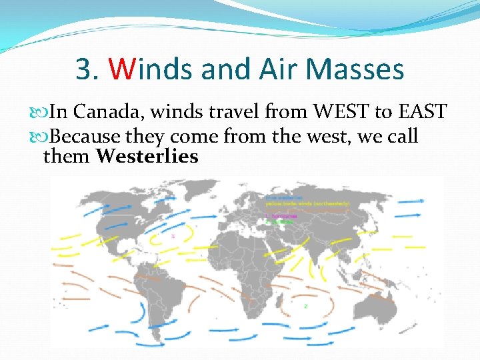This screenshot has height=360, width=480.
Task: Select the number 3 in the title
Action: (x=83, y=69)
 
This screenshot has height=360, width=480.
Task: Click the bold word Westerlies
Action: (x=147, y=157)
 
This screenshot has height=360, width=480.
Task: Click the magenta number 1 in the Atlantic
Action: (x=173, y=236)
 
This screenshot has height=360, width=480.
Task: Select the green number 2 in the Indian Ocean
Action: (x=305, y=306)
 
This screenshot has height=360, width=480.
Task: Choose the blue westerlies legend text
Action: (x=281, y=197)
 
